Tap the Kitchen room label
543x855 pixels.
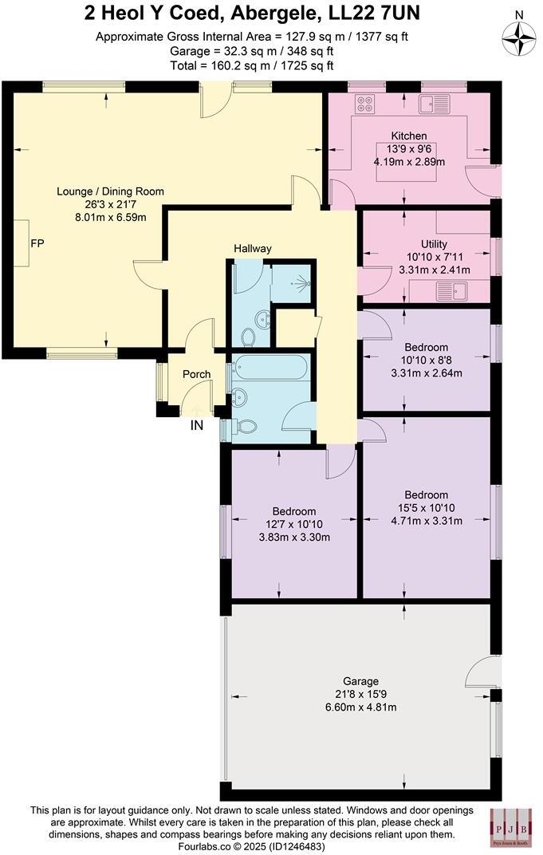point(408,136)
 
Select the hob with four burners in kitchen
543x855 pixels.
point(365,103)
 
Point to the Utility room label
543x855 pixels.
point(434,244)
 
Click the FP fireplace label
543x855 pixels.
point(37,242)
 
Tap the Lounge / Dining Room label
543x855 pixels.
point(110,191)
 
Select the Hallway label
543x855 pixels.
point(253,249)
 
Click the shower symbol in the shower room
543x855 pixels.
point(301,282)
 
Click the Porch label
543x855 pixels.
point(197,374)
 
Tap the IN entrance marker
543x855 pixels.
point(196,426)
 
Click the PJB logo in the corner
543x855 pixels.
point(511,826)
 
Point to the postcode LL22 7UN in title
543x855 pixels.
point(364,13)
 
